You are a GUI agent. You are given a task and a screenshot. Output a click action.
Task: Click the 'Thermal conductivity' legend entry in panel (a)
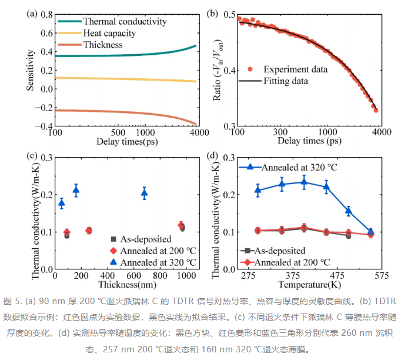coord(125,22)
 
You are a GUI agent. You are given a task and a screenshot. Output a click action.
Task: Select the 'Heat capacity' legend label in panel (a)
coord(109,34)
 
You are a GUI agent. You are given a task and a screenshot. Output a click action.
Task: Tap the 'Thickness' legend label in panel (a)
coord(103,45)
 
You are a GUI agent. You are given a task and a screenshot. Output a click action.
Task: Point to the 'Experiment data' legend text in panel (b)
coord(296,69)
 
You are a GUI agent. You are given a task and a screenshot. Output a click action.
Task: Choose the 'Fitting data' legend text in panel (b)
coord(286,81)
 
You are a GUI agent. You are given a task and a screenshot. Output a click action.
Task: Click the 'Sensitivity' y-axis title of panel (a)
coord(30,70)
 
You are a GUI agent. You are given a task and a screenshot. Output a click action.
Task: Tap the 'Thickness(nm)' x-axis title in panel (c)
coord(127,285)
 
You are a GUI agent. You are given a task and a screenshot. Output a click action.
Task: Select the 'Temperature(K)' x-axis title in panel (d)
coord(309,285)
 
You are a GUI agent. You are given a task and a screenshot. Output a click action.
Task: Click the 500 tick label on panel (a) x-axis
coord(118,132)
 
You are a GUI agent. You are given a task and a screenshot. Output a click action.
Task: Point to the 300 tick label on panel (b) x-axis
coord(280,132)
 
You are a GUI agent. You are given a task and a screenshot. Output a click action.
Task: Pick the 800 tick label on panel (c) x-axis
coord(160,276)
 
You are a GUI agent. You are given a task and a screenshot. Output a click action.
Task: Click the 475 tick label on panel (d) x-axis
coord(337,276)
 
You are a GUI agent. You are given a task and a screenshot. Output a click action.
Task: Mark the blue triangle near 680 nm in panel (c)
coord(145,194)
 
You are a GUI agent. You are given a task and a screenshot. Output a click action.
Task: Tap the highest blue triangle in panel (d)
coord(304,182)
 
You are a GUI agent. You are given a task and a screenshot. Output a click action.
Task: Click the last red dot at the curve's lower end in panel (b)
coord(376,110)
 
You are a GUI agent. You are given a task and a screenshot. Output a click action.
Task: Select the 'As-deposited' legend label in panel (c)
coord(146,239)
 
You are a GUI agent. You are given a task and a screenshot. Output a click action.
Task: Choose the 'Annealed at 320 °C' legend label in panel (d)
coord(299,168)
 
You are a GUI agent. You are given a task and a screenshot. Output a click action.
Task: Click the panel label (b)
coord(212,13)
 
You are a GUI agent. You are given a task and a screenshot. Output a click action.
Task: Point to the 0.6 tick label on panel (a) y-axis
coord(46,34)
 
